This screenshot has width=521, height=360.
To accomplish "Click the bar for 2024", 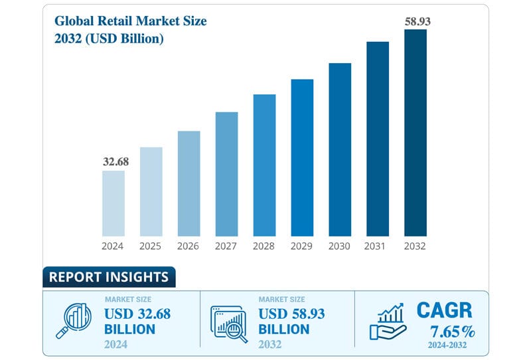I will point(113,203).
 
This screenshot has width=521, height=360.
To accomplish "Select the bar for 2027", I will point(226,173).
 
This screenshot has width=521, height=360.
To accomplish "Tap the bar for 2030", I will point(340,149).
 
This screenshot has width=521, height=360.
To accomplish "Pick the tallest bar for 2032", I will point(415,132).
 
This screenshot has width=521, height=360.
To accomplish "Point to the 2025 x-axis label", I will point(151,246).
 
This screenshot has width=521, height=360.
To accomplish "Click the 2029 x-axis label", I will point(302,246).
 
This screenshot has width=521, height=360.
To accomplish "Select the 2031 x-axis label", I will point(378,246).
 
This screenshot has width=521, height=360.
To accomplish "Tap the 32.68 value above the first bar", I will point(113,161).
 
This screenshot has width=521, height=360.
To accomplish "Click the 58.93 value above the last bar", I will point(417,21).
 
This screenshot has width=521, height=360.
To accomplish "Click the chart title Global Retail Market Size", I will point(131,21).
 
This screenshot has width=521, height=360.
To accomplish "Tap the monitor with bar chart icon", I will point(228,322).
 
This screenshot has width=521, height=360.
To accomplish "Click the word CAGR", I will point(443,310).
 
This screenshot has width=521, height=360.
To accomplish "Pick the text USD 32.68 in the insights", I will point(137,314).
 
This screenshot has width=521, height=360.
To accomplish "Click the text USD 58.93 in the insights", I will point(291,314).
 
